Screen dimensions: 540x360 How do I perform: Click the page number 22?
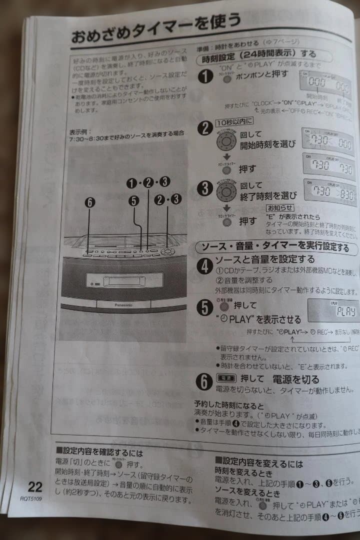click(x=35, y=486)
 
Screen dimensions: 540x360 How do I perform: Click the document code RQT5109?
click(x=31, y=498)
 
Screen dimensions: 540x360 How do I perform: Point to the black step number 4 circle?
click(x=203, y=265)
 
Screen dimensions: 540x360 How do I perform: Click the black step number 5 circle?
click(x=204, y=307)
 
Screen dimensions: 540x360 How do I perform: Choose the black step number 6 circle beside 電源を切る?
click(x=204, y=381)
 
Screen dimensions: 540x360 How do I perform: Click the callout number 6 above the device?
click(x=89, y=203)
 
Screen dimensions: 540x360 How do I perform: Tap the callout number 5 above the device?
click(x=133, y=200)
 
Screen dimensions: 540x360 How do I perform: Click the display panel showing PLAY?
click(x=333, y=310)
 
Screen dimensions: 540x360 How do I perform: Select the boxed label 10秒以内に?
click(x=235, y=121)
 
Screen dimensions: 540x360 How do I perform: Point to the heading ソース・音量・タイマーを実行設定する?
click(x=275, y=247)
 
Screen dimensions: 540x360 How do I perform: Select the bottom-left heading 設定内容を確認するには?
click(x=99, y=453)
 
